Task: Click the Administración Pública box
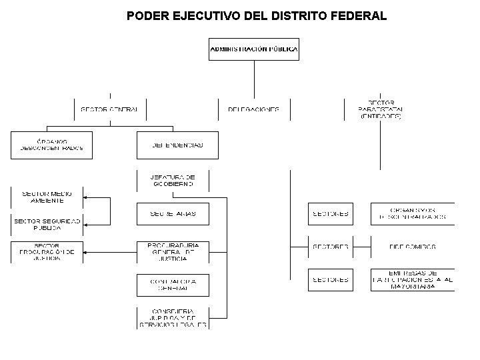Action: pyautogui.click(x=254, y=49)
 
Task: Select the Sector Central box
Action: pyautogui.click(x=109, y=109)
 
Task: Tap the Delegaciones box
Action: pyautogui.click(x=254, y=109)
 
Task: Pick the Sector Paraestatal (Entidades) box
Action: pyautogui.click(x=379, y=109)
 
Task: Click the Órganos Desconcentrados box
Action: pyautogui.click(x=51, y=145)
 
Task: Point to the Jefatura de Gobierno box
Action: pyautogui.click(x=173, y=179)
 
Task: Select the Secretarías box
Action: pyautogui.click(x=173, y=213)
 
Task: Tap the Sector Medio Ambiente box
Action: pyautogui.click(x=47, y=197)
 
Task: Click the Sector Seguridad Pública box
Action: pyautogui.click(x=47, y=225)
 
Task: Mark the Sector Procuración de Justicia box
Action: pyautogui.click(x=47, y=251)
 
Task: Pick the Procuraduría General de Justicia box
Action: pyautogui.click(x=173, y=251)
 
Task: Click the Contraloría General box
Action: pyautogui.click(x=173, y=285)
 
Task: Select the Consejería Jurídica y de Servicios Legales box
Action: pyautogui.click(x=173, y=318)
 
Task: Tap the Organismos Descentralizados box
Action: pyautogui.click(x=413, y=213)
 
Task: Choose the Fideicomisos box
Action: pyautogui.click(x=413, y=247)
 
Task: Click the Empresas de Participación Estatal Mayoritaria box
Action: pyautogui.click(x=413, y=279)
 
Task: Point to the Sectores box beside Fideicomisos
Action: pyautogui.click(x=331, y=247)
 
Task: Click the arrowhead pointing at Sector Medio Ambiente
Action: pyautogui.click(x=86, y=197)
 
